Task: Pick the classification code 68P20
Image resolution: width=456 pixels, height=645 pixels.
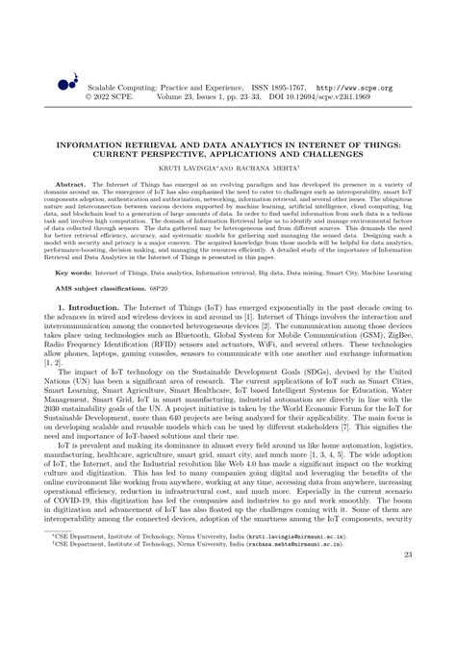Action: tap(165, 291)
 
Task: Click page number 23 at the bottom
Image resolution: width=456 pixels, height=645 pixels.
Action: tap(409, 607)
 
